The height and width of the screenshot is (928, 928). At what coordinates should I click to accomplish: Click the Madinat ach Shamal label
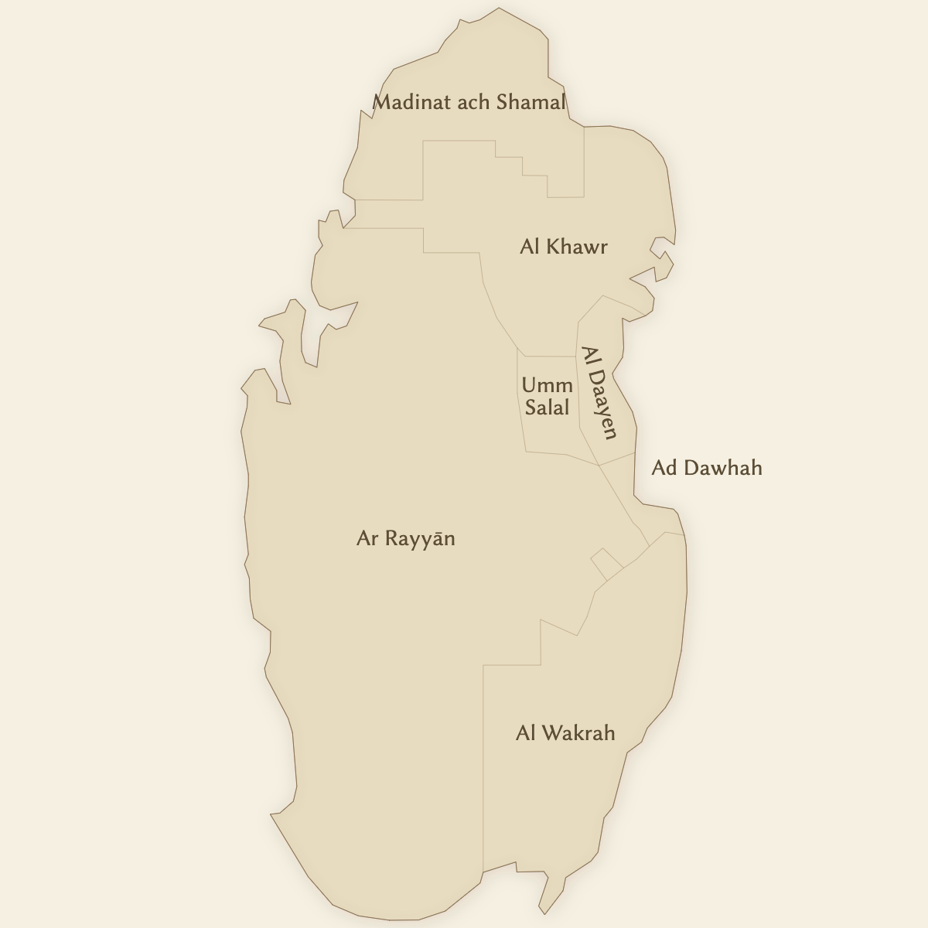tap(469, 102)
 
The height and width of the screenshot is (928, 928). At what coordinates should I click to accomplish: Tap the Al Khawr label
tap(564, 247)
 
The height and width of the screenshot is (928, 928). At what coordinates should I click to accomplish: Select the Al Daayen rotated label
tap(599, 393)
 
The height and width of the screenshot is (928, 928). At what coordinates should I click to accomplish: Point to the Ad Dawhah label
tap(707, 468)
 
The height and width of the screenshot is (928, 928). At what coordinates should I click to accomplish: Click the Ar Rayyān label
tap(405, 539)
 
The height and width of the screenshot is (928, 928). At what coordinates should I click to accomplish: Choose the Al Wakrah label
tap(565, 733)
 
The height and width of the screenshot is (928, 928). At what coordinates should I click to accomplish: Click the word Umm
tap(547, 385)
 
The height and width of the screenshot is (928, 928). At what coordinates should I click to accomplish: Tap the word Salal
tap(547, 408)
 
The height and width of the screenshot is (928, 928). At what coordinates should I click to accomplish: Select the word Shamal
tap(531, 102)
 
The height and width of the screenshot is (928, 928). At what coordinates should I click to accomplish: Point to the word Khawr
tap(577, 247)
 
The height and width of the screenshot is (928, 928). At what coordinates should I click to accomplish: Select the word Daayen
tap(602, 404)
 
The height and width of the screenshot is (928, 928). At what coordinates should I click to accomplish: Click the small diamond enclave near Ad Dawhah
tap(606, 562)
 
